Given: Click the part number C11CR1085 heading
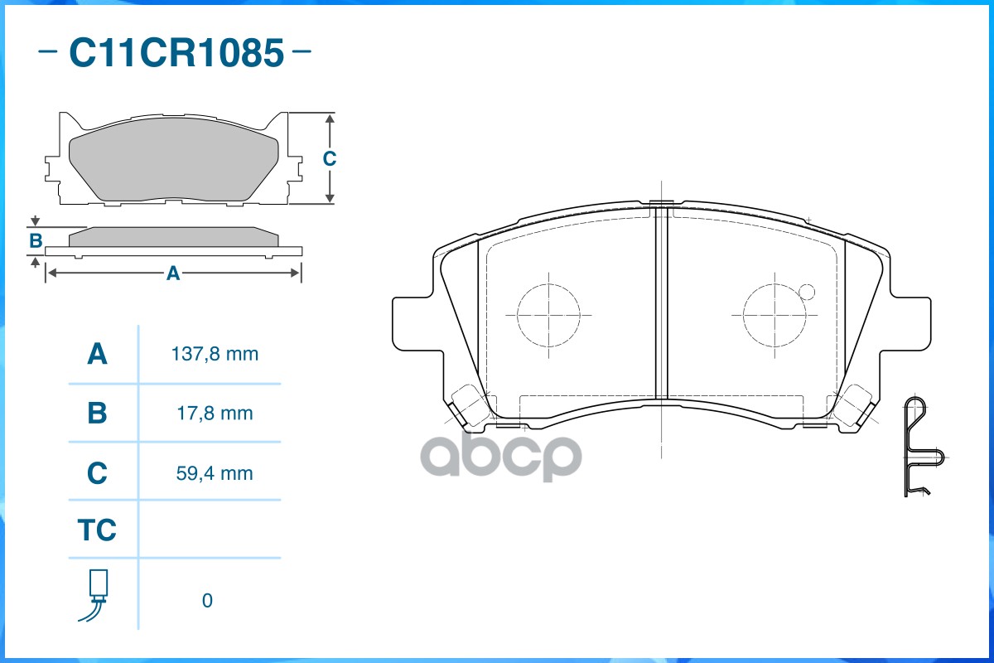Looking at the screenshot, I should click(x=176, y=53).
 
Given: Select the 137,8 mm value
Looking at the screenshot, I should click(x=215, y=355).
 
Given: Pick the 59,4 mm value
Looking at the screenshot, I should click(x=215, y=473).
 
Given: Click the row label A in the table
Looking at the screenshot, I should click(x=98, y=355).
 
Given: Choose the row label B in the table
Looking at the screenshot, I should click(x=98, y=413).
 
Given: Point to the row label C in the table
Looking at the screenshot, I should click(x=98, y=473).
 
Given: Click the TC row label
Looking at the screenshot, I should click(x=98, y=530).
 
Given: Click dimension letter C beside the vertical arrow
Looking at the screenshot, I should click(x=329, y=158).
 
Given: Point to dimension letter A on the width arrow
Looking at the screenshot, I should click(x=173, y=273).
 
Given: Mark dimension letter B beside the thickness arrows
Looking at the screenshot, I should click(x=36, y=241).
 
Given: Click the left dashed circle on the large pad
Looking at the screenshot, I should click(x=548, y=315).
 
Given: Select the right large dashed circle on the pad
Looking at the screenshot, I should click(x=774, y=315).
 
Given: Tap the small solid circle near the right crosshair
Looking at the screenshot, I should click(x=808, y=292).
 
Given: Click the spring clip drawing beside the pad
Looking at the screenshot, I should click(x=921, y=448).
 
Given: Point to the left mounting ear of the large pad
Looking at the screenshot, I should click(x=412, y=323).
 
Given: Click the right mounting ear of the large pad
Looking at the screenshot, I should click(x=910, y=323).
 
